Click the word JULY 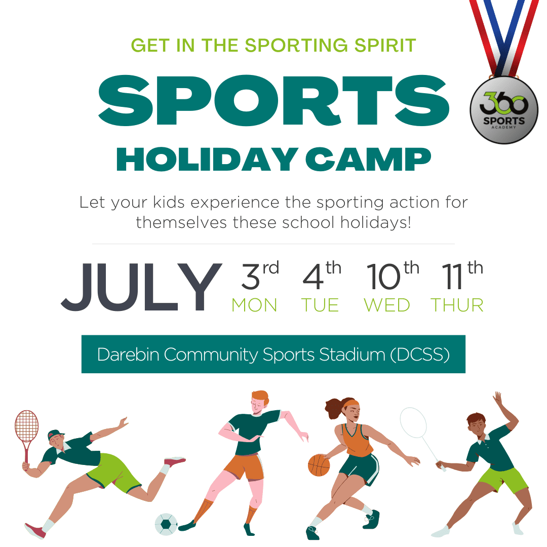tap(141, 287)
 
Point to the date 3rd tap(259, 276)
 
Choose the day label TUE tap(320, 305)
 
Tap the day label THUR tap(457, 305)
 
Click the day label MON tap(254, 305)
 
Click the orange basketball tap(319, 465)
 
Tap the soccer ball tap(166, 524)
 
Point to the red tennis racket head tap(26, 426)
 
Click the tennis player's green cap tap(55, 435)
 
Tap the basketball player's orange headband tap(350, 404)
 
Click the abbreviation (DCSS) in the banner tap(420, 355)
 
